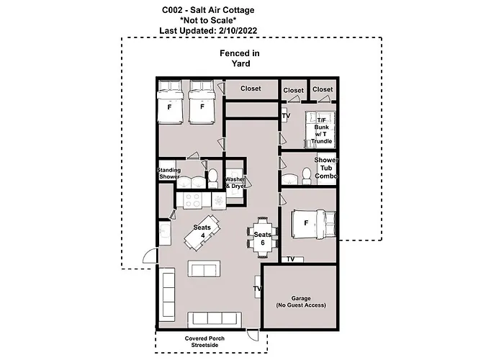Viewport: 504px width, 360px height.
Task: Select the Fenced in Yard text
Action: pyautogui.click(x=240, y=58)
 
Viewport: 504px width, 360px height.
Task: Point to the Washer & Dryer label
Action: pyautogui.click(x=235, y=182)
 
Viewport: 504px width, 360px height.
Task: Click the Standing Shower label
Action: pyautogui.click(x=168, y=174)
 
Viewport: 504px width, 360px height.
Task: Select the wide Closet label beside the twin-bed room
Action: pyautogui.click(x=251, y=89)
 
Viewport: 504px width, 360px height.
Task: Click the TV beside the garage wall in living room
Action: pyautogui.click(x=256, y=289)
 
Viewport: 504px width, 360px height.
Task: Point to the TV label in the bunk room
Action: pyautogui.click(x=286, y=116)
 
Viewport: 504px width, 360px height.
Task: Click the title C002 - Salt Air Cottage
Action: pyautogui.click(x=208, y=9)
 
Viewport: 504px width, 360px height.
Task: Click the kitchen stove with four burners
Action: pyautogui.click(x=192, y=201)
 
